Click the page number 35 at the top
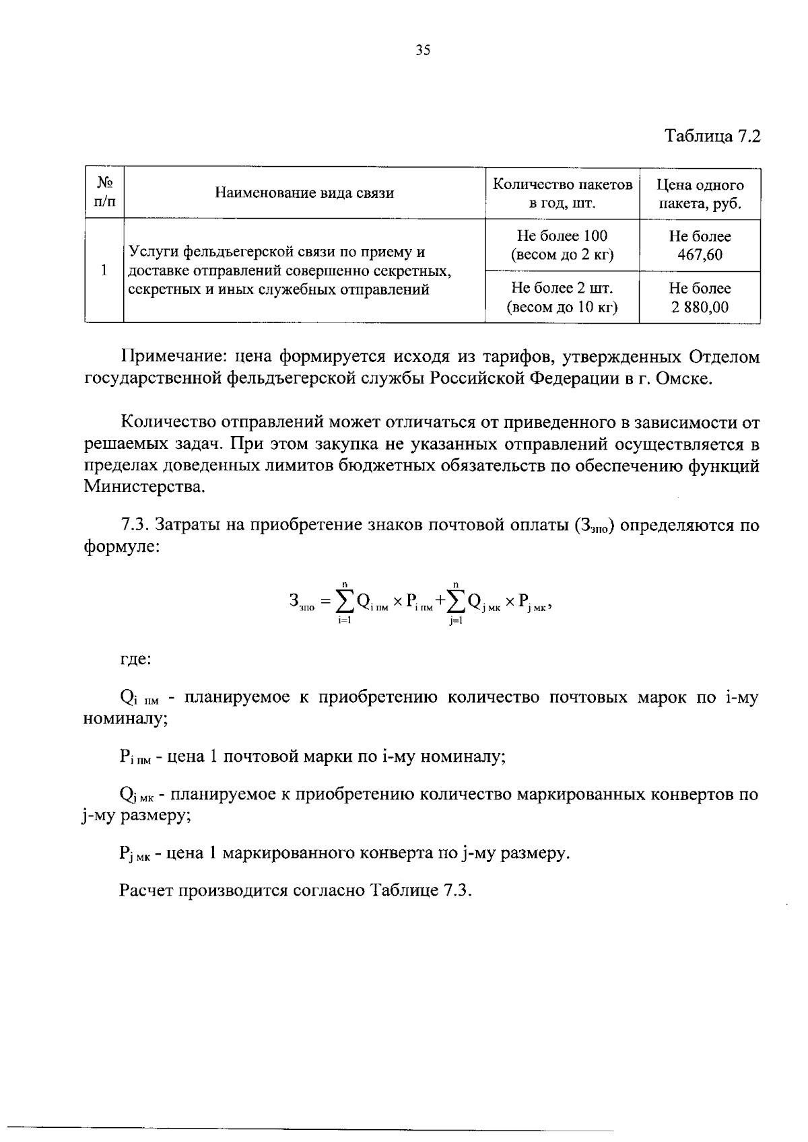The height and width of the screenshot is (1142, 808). click(x=423, y=50)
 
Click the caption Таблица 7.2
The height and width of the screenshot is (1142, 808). click(x=712, y=136)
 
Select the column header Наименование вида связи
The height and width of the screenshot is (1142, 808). click(x=304, y=194)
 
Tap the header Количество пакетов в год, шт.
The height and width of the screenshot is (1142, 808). click(x=562, y=194)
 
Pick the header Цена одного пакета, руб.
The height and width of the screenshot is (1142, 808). click(x=700, y=194)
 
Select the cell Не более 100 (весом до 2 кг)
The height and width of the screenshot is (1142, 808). click(x=562, y=246)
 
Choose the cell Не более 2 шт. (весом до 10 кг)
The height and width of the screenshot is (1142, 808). click(x=562, y=297)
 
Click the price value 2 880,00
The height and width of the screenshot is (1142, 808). click(x=700, y=308)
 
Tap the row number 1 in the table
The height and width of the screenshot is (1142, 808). click(x=104, y=271)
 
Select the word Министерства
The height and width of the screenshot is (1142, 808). click(x=143, y=487)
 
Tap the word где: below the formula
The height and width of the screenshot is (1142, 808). click(x=135, y=659)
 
